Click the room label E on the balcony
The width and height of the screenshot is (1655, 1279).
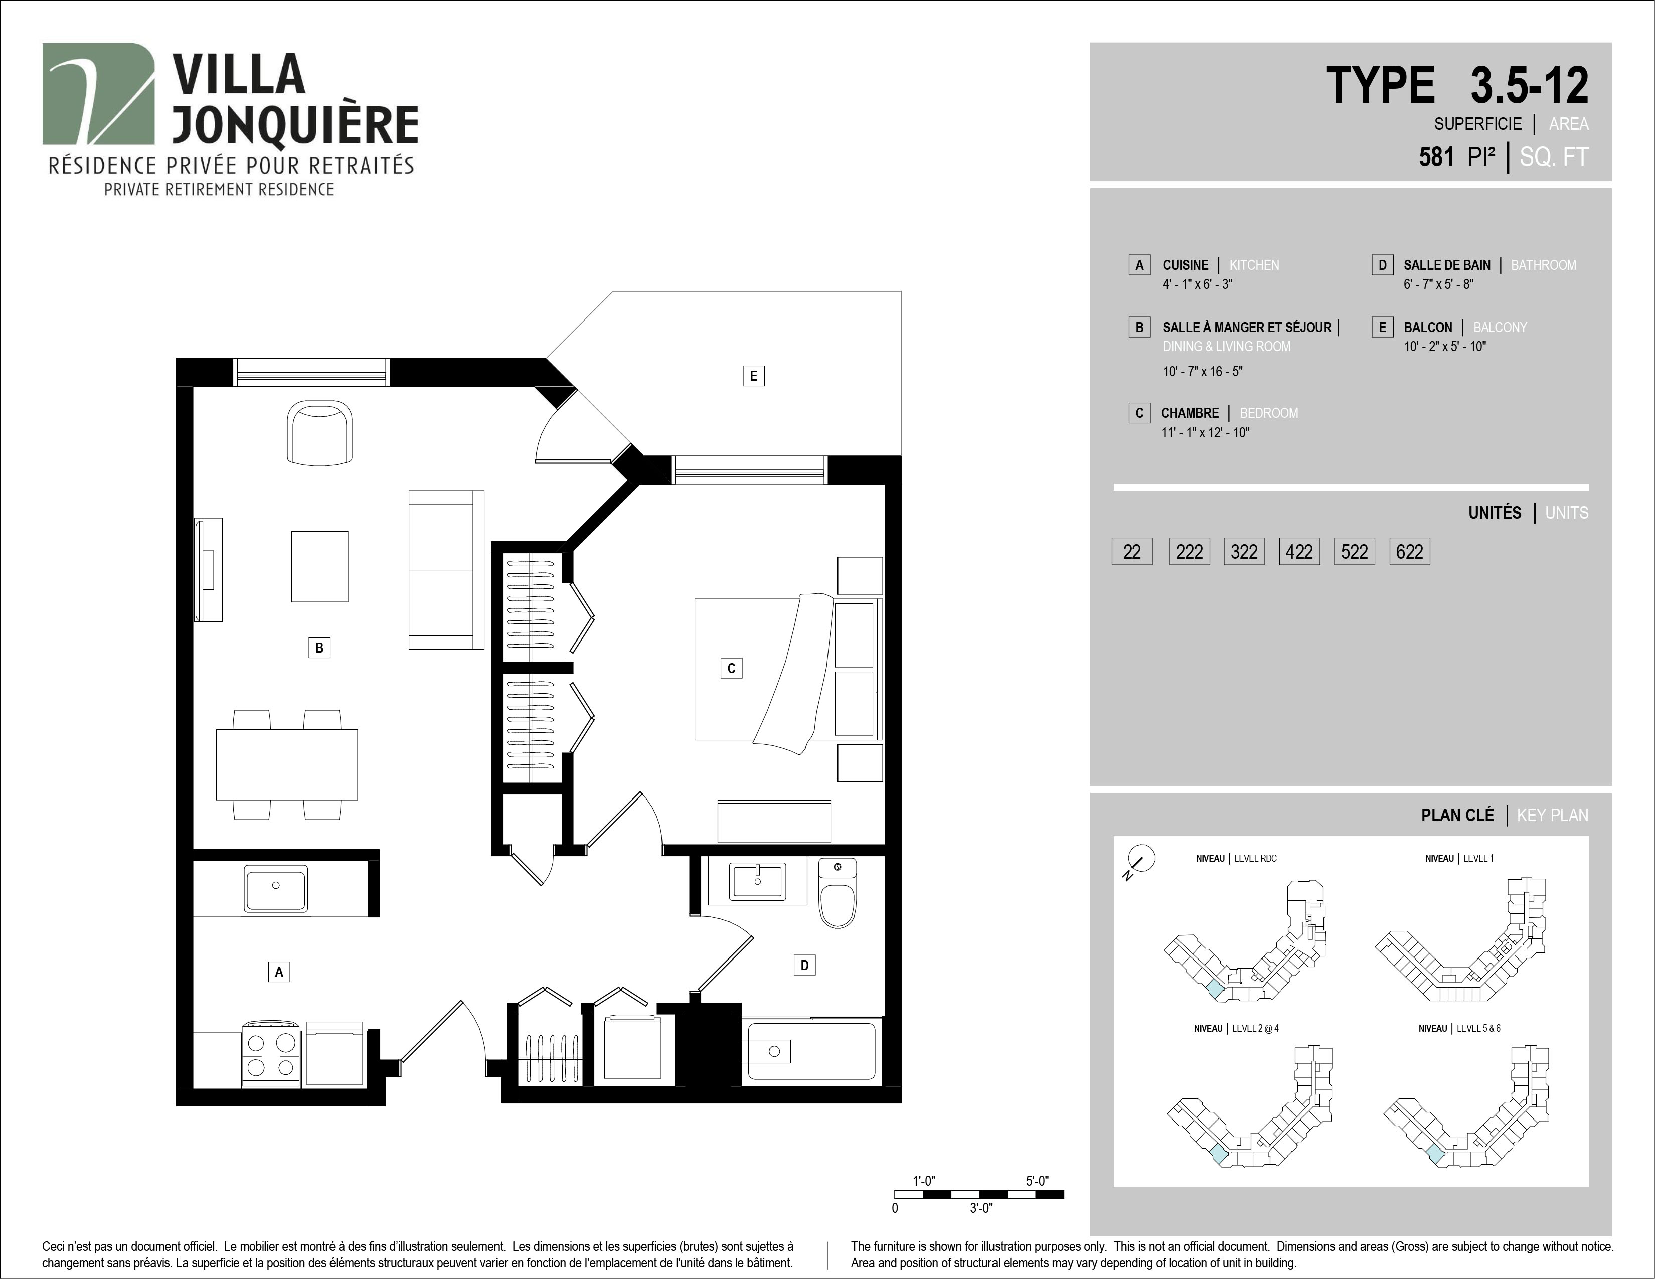tap(753, 376)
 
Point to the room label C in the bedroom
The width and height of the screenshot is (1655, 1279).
tap(731, 668)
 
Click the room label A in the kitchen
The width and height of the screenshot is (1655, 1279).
tap(279, 972)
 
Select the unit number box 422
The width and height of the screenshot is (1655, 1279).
tap(1299, 552)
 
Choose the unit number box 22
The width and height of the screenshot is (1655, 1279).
tap(1132, 552)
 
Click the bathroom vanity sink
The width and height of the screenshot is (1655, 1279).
tap(758, 881)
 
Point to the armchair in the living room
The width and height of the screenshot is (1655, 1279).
tap(320, 433)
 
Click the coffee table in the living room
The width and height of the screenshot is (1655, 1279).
tap(320, 566)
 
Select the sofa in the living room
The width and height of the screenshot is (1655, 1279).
tap(446, 570)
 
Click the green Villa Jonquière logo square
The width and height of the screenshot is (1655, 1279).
tap(98, 94)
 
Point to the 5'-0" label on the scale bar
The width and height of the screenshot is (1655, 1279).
tap(1038, 1181)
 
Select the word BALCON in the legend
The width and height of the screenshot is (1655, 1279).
tap(1428, 328)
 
